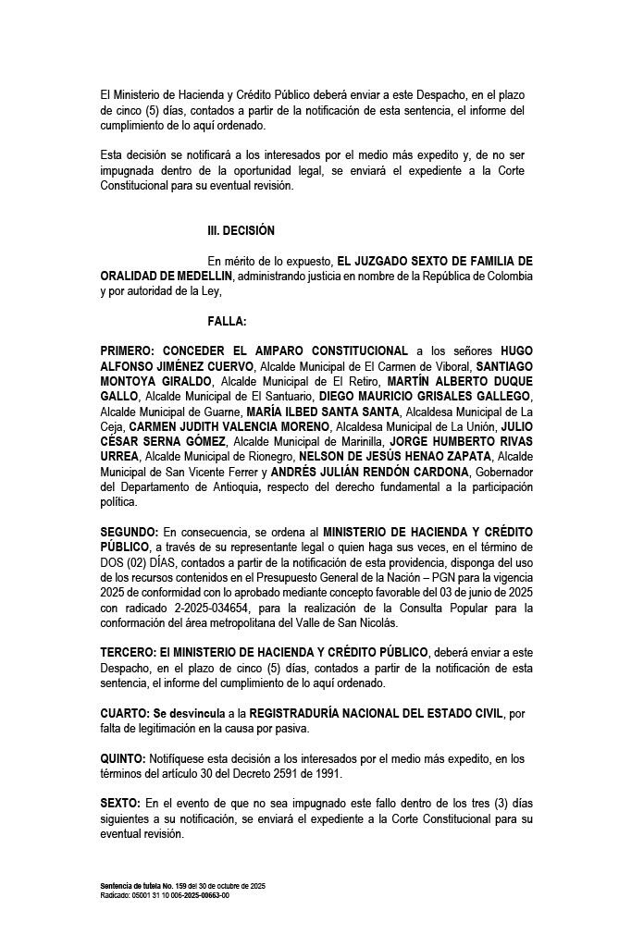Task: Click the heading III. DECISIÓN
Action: [x=241, y=230]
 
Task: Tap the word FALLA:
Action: [x=227, y=321]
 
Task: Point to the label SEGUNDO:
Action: [x=129, y=533]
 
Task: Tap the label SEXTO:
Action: [x=120, y=804]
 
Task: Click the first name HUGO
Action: [x=516, y=351]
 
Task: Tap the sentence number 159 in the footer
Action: [x=167, y=886]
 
